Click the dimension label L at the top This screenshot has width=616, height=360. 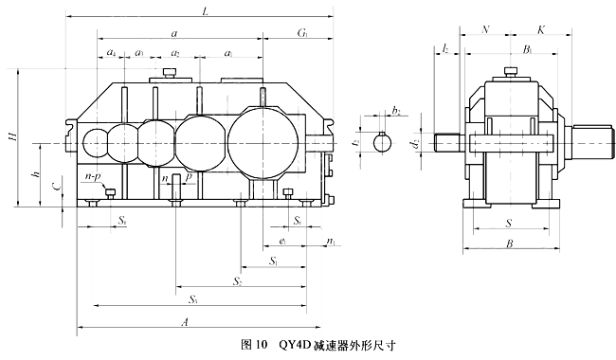(205, 11)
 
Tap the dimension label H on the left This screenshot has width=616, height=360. (13, 136)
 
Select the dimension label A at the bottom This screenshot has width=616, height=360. (185, 322)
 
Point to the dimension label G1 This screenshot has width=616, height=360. (302, 33)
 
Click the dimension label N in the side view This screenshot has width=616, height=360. (485, 29)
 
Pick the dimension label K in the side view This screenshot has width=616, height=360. (541, 29)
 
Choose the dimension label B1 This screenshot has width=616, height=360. (527, 49)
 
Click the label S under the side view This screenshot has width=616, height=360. (509, 224)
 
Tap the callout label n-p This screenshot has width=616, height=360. (93, 176)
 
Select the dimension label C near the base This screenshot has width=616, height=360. (57, 186)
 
